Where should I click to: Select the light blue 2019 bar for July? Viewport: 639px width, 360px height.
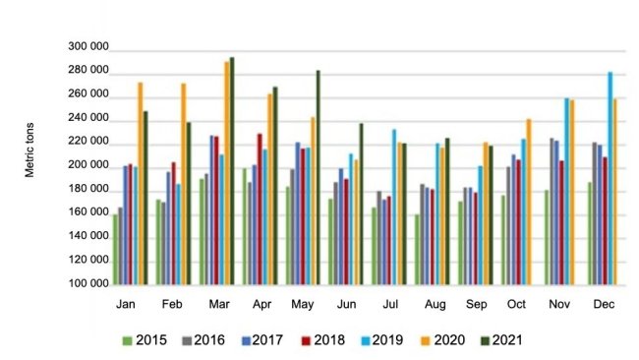pos(394,208)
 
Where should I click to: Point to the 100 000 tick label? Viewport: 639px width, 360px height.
pos(89,284)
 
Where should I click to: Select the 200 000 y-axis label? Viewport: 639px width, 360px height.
pos(89,167)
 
